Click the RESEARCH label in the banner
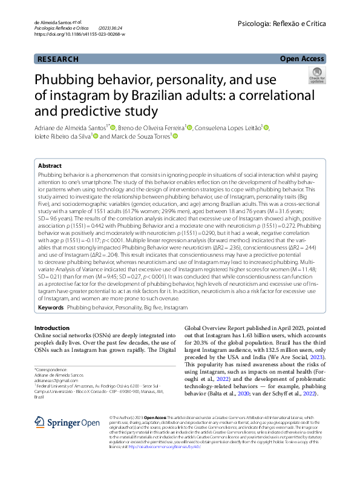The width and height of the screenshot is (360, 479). point(57,59)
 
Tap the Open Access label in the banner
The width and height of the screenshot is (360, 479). point(302,59)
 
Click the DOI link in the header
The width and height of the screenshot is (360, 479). point(80,35)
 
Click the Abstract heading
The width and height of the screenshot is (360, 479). point(50,165)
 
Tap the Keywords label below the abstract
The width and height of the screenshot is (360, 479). point(50,308)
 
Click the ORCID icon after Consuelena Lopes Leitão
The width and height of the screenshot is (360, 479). point(266,127)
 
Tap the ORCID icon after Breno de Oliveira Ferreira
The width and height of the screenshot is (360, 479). point(189,127)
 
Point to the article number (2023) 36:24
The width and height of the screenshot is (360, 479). point(110,28)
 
